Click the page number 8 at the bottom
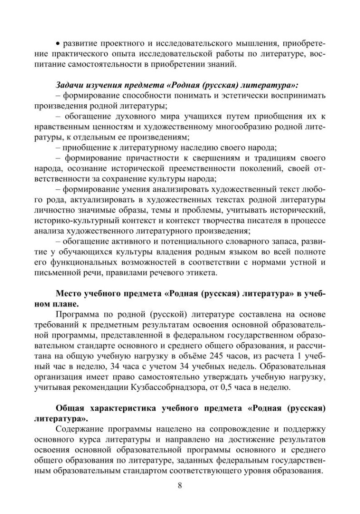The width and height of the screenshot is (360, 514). [180, 485]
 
